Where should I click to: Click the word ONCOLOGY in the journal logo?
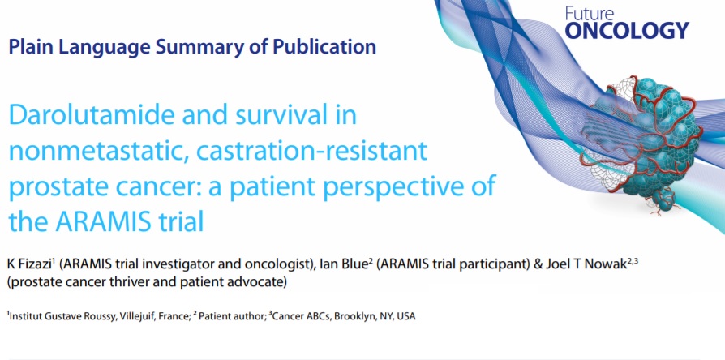627,31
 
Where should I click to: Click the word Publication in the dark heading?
324,47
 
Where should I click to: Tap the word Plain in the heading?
31,47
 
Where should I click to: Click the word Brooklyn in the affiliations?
354,316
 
